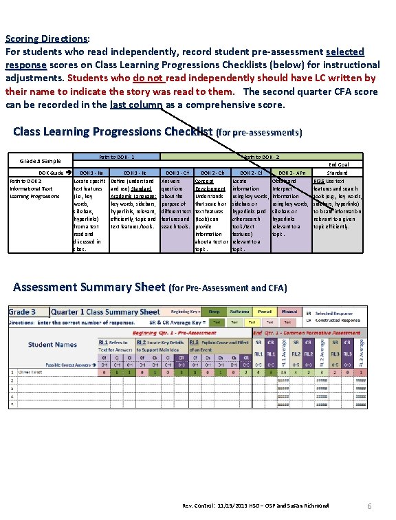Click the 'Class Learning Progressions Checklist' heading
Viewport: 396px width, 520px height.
[113, 131]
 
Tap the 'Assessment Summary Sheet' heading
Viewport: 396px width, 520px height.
[88, 287]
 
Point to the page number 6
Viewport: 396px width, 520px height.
[370, 506]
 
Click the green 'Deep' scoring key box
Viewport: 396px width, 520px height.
[214, 311]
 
